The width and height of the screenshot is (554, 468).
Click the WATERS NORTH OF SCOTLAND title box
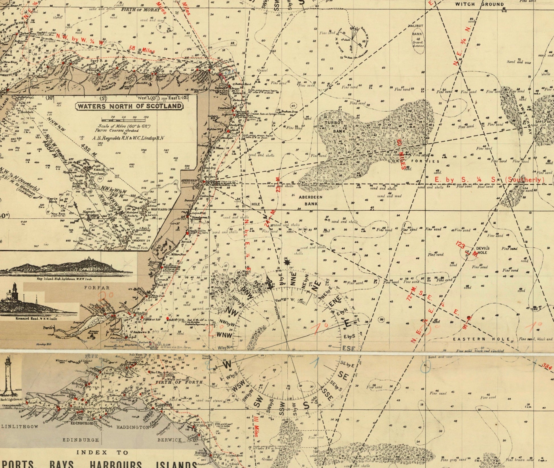coord(129,106)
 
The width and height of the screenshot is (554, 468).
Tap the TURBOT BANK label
coord(339,127)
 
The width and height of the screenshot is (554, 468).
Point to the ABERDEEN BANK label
coord(310,200)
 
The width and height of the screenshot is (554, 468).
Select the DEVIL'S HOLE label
coord(482,250)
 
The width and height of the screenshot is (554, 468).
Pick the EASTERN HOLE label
coord(481,339)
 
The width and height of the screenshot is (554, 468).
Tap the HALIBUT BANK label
coord(417,30)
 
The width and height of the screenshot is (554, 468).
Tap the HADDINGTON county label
coord(133,427)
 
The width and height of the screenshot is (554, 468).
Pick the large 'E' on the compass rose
coord(347,323)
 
